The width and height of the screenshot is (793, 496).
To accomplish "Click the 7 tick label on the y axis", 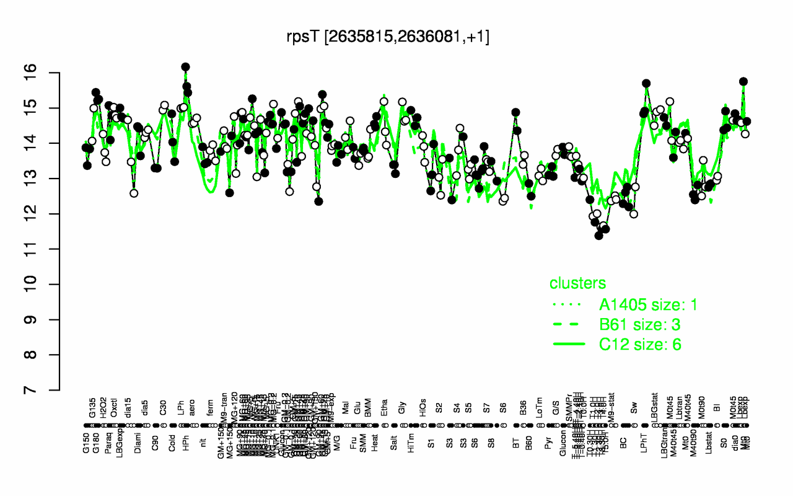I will [x=47, y=391].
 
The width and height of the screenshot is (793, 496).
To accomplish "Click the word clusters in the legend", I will [x=577, y=284].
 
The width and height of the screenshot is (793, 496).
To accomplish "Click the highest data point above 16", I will [x=185, y=67].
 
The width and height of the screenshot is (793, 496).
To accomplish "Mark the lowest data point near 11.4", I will [x=598, y=236].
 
